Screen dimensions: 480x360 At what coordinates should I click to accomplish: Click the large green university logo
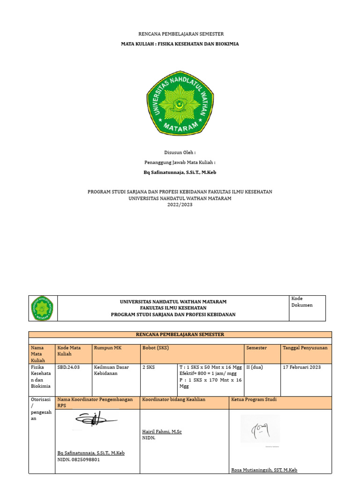click(180, 103)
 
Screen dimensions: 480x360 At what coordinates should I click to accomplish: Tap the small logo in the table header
click(42, 308)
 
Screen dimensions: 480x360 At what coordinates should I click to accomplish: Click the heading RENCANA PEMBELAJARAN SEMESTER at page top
click(180, 34)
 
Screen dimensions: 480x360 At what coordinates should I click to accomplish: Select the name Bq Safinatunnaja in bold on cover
click(180, 172)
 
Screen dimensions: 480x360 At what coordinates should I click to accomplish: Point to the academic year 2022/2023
click(180, 205)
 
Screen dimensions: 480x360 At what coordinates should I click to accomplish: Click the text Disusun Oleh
click(180, 152)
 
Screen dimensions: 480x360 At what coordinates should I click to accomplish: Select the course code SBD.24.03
click(68, 367)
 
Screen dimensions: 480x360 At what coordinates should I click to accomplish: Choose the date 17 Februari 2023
click(302, 367)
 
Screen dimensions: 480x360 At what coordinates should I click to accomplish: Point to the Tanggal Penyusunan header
click(305, 348)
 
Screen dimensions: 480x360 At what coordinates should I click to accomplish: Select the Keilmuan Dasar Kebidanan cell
click(111, 371)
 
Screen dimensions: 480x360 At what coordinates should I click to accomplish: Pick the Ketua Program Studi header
click(254, 400)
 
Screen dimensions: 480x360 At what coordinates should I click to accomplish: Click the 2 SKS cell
click(149, 367)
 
